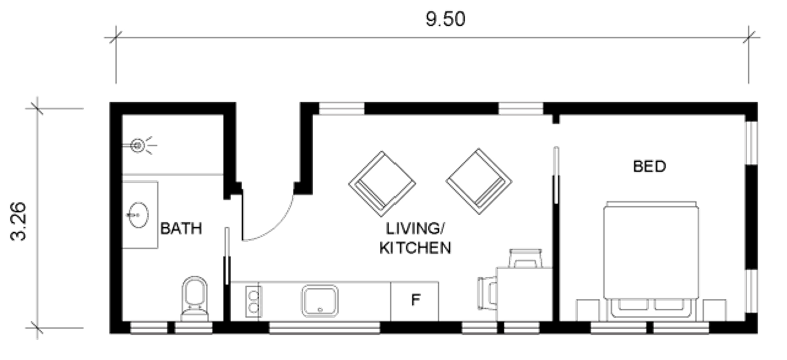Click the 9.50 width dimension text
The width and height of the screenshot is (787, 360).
pos(445,20)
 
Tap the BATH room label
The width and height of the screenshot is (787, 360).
pos(180,228)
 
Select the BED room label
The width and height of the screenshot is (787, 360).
pos(649,166)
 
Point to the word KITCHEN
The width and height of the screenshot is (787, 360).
pos(415,248)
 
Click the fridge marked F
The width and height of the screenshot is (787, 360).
pos(415,300)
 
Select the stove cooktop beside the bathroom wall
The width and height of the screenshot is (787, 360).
pos(252,301)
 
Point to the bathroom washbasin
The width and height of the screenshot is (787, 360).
pos(139,214)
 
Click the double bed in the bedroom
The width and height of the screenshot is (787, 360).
pos(651,259)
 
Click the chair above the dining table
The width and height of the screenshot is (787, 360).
pos(525,256)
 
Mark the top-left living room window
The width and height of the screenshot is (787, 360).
pos(342,108)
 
